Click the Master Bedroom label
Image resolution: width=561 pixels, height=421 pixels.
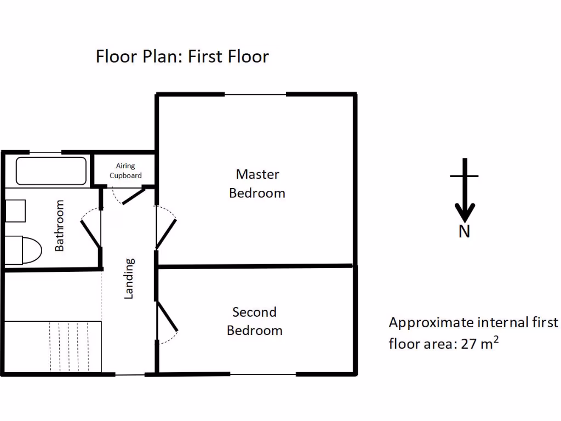[x=257, y=184]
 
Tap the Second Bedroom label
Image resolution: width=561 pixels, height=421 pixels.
[x=255, y=321]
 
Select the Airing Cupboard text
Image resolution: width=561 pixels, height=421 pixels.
[x=125, y=170]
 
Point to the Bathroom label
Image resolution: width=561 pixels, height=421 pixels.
[x=59, y=225]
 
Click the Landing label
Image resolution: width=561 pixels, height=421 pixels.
[x=129, y=278]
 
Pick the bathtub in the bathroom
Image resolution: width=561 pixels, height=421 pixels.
[x=51, y=171]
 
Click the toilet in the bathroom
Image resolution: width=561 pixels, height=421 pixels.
[x=25, y=251]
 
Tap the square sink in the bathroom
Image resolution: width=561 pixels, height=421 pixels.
[x=16, y=211]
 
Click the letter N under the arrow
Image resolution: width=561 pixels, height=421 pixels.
[x=464, y=232]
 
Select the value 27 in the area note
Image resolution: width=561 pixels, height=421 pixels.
[x=469, y=344]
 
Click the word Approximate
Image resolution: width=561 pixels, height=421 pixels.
[x=430, y=322]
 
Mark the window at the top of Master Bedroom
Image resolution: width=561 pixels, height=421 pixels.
[x=255, y=94]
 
